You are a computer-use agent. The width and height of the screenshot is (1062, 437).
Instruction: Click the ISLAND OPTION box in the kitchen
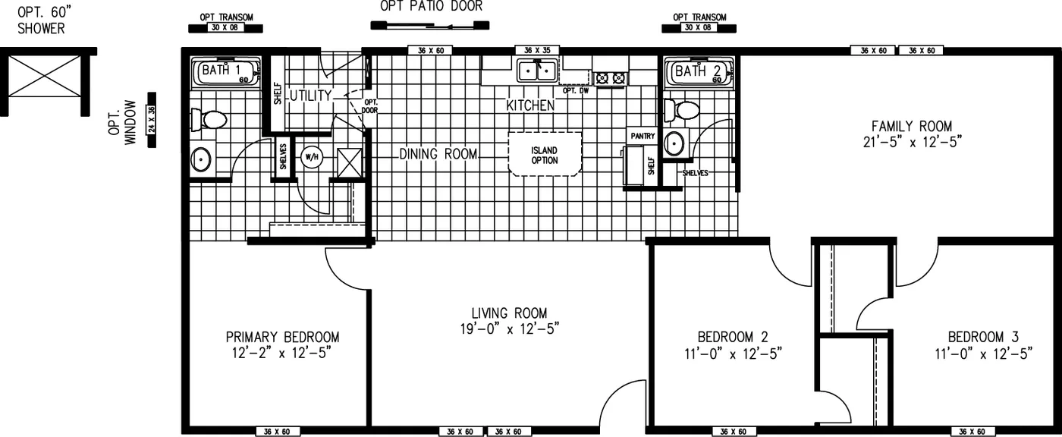coord(545,155)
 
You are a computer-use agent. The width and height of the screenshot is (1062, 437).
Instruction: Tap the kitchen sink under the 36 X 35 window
coord(538,71)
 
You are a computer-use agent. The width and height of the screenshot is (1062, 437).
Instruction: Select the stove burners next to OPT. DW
coord(611,77)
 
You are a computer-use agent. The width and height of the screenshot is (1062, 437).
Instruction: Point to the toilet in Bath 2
coord(682,112)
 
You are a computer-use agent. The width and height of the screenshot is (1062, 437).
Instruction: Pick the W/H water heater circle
coord(312,157)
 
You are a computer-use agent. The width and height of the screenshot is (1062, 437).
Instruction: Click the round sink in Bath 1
coord(200,159)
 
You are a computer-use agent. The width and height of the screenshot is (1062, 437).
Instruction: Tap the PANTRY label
coord(642,136)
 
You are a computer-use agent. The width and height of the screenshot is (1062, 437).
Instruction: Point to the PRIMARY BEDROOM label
coord(282,337)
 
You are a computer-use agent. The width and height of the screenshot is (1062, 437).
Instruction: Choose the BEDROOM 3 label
coord(982,337)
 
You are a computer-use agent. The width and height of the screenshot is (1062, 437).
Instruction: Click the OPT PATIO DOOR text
coord(431,7)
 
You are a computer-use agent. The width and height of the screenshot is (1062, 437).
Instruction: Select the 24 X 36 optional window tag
coord(152,120)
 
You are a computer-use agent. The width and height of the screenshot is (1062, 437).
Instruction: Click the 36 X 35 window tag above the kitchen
coord(537,50)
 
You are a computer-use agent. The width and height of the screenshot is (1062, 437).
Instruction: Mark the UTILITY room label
coord(310,96)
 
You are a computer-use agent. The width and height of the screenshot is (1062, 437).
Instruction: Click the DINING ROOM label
coord(438,154)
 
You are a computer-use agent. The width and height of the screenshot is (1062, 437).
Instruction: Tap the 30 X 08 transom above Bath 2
coord(698,27)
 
